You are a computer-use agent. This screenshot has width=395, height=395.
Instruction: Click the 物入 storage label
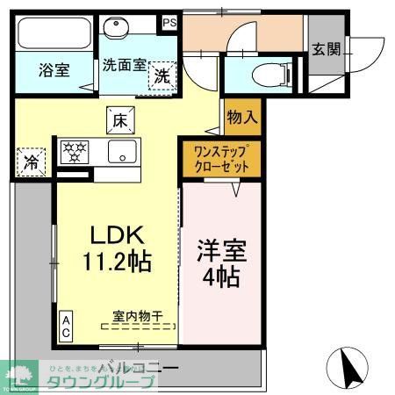click(x=242, y=115)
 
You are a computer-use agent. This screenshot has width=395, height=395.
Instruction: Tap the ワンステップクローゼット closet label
click(x=222, y=157)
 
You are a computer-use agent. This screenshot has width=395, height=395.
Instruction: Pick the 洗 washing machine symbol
click(x=162, y=75)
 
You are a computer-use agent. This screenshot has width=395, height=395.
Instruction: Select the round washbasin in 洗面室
click(x=114, y=28)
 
